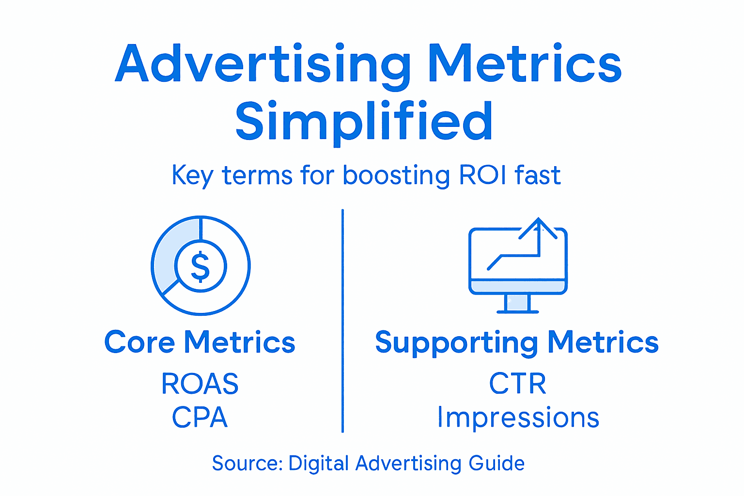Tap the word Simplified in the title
click(x=364, y=121)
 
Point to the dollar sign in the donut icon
click(x=201, y=266)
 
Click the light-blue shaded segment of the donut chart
click(x=167, y=252)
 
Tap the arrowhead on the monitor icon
click(x=538, y=227)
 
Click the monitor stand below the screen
click(x=517, y=303)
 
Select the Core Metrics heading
click(x=200, y=342)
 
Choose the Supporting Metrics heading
click(x=517, y=342)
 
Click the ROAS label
click(x=200, y=384)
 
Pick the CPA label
click(x=200, y=417)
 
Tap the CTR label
click(x=517, y=384)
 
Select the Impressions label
click(x=518, y=417)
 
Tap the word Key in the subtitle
click(x=192, y=175)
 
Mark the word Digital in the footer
click(x=318, y=464)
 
